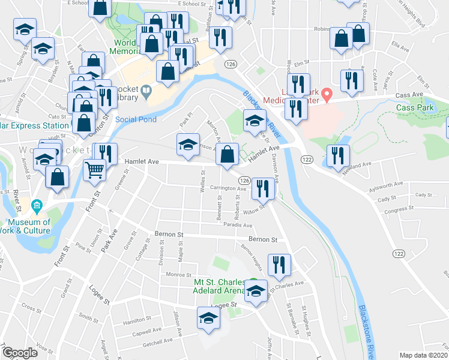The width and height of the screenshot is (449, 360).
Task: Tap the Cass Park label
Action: [x=414, y=108]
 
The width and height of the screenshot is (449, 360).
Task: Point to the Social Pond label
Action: [x=136, y=119]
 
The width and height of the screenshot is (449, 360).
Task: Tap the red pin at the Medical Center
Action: [x=327, y=94]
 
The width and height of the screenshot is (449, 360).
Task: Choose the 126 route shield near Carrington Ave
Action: [x=244, y=181]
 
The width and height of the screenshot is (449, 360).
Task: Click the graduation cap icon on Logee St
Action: [x=208, y=318]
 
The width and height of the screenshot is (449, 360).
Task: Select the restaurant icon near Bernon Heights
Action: [x=279, y=264]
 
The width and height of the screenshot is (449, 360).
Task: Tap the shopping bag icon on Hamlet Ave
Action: [x=226, y=155]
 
